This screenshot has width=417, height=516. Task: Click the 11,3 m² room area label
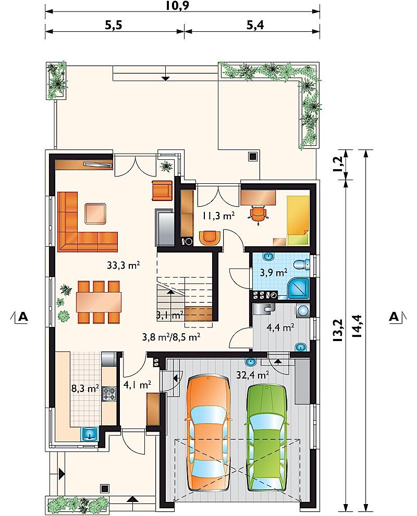218,216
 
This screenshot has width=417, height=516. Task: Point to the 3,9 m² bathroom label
273,273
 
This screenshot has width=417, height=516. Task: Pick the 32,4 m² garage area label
253,374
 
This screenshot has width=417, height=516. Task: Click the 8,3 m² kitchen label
85,388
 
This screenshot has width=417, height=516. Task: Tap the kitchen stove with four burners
109,394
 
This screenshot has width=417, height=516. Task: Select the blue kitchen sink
89,433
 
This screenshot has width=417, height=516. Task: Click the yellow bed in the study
298,220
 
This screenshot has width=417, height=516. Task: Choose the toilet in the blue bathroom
301,264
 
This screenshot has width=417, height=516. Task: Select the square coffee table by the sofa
95,214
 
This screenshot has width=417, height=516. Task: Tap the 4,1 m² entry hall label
138,384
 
